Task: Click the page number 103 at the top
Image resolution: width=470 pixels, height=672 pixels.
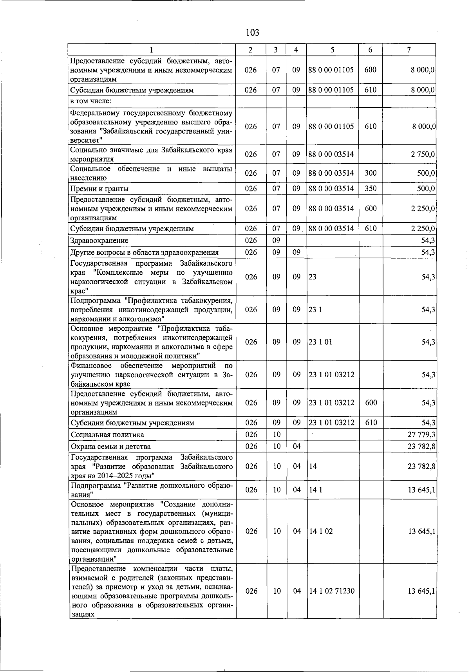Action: point(253,32)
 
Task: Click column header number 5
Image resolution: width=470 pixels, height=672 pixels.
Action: point(332,50)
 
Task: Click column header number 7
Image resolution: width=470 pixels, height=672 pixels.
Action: point(409,50)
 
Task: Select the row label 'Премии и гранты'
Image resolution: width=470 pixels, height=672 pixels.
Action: point(99,189)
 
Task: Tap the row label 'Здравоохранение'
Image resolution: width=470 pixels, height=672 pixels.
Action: point(99,240)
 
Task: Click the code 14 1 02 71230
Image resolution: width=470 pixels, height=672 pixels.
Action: point(332,591)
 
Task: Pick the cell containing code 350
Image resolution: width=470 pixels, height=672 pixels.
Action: point(371,189)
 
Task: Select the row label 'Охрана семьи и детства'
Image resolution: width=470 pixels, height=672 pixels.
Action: point(111,447)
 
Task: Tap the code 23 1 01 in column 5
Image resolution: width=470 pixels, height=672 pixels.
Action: point(320,342)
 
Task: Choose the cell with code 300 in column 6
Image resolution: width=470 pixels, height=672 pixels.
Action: point(371,173)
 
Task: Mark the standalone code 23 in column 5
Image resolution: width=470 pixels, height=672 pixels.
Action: point(313,277)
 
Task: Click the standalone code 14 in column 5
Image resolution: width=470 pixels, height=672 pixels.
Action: point(313,467)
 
